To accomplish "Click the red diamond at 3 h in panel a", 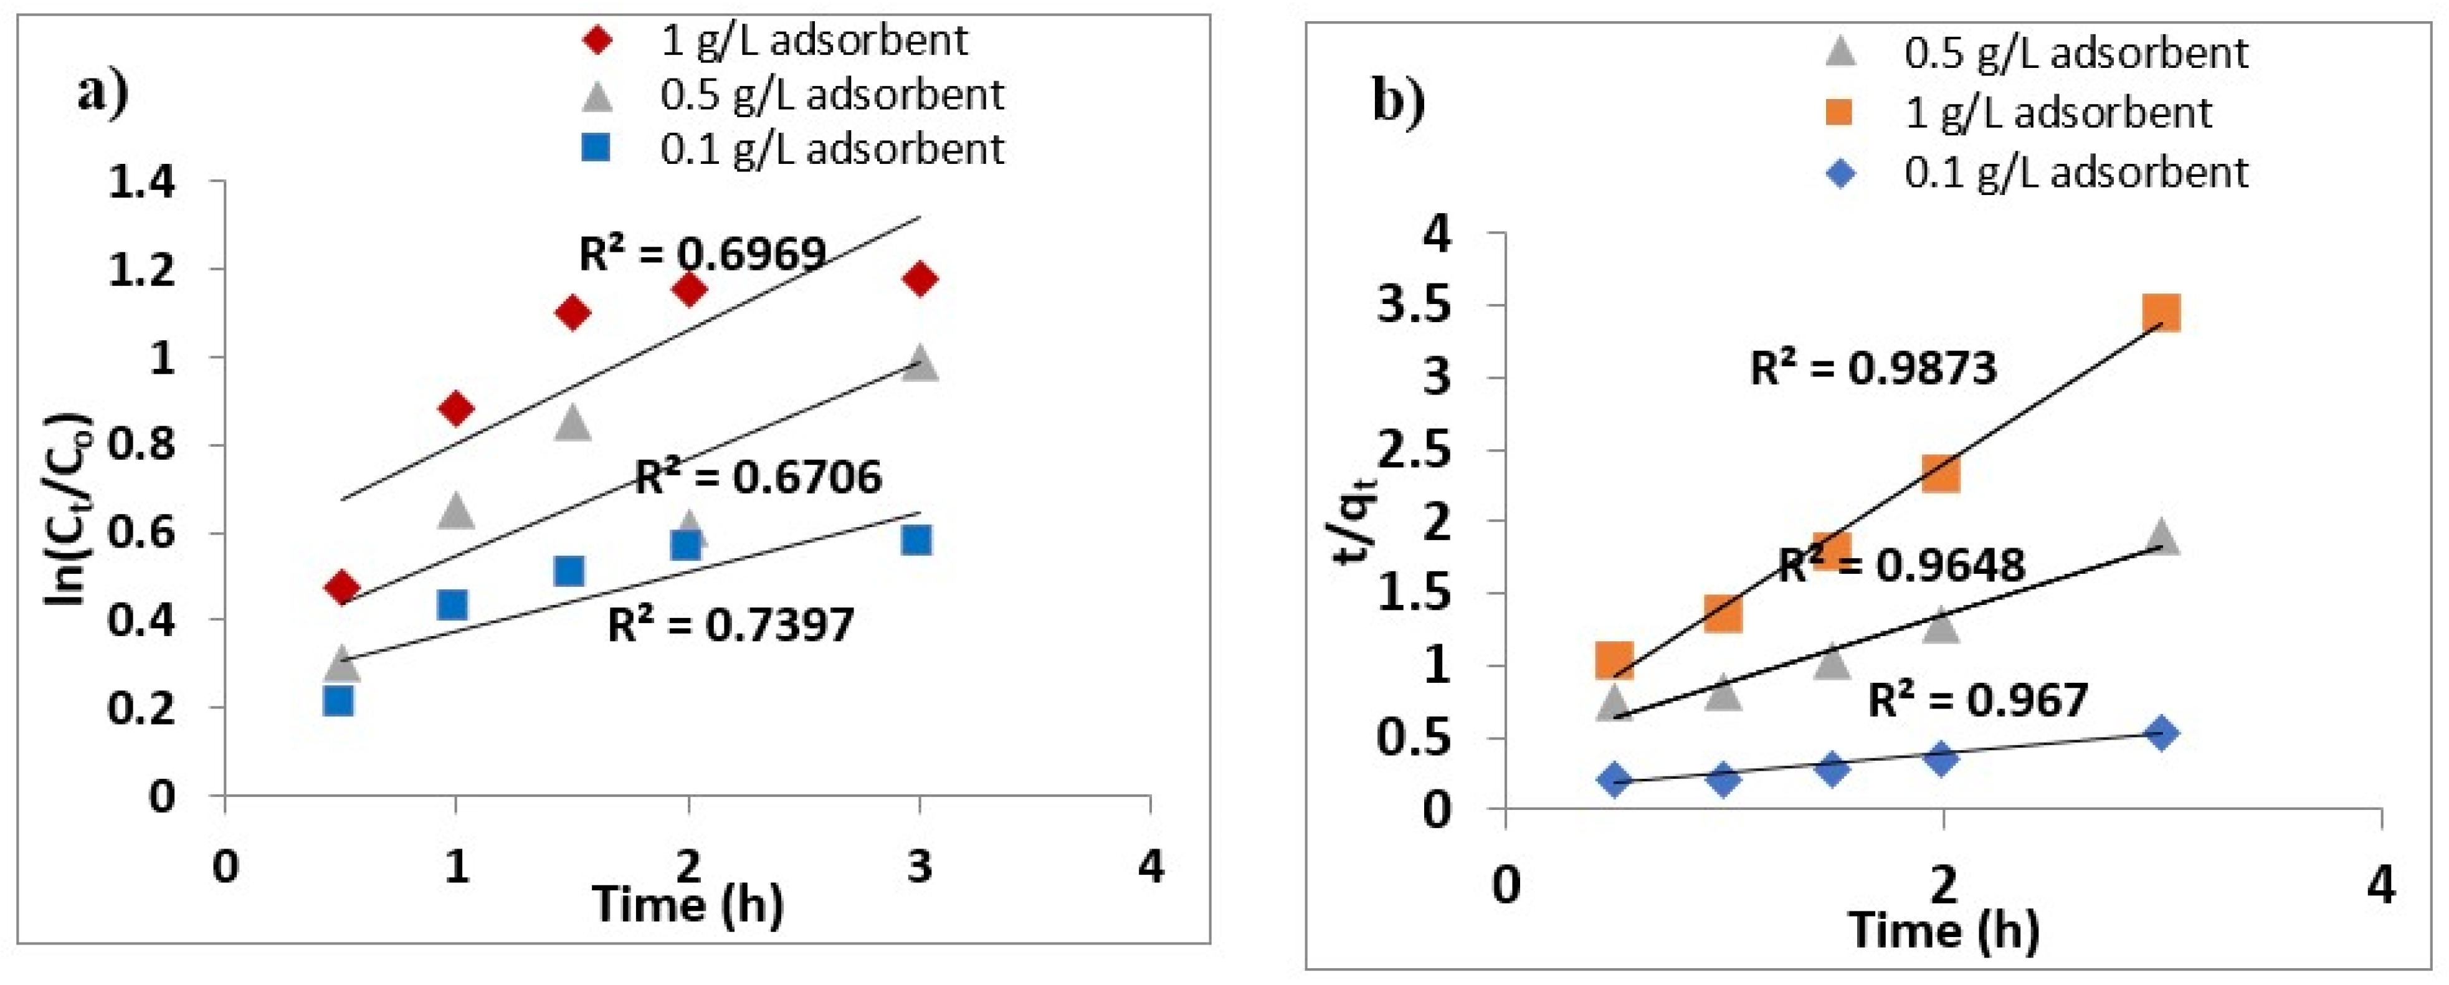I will point(920,278).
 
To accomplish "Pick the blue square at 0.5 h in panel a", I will point(338,701).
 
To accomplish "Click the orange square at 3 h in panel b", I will point(2161,312).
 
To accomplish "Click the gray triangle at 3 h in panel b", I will point(2161,537).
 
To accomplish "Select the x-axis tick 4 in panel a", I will point(1150,866).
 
